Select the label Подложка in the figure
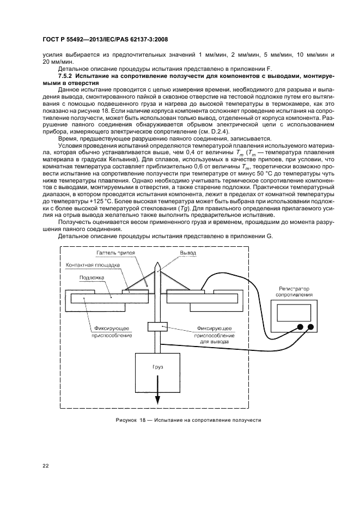(89, 277)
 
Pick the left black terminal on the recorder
(298, 328)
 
